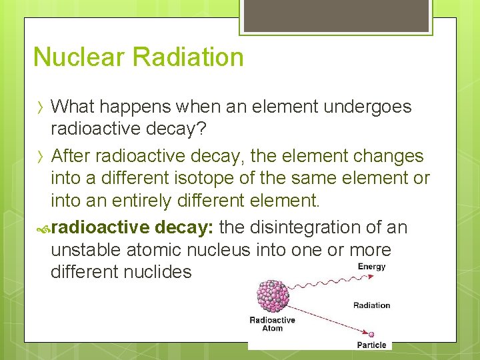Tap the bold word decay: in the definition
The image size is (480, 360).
click(x=183, y=228)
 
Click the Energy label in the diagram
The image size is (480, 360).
click(x=371, y=267)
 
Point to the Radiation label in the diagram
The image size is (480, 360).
click(x=371, y=305)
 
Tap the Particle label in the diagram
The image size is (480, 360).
click(x=371, y=345)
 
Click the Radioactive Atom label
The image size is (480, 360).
click(x=272, y=324)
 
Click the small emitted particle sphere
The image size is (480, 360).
click(x=371, y=333)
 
